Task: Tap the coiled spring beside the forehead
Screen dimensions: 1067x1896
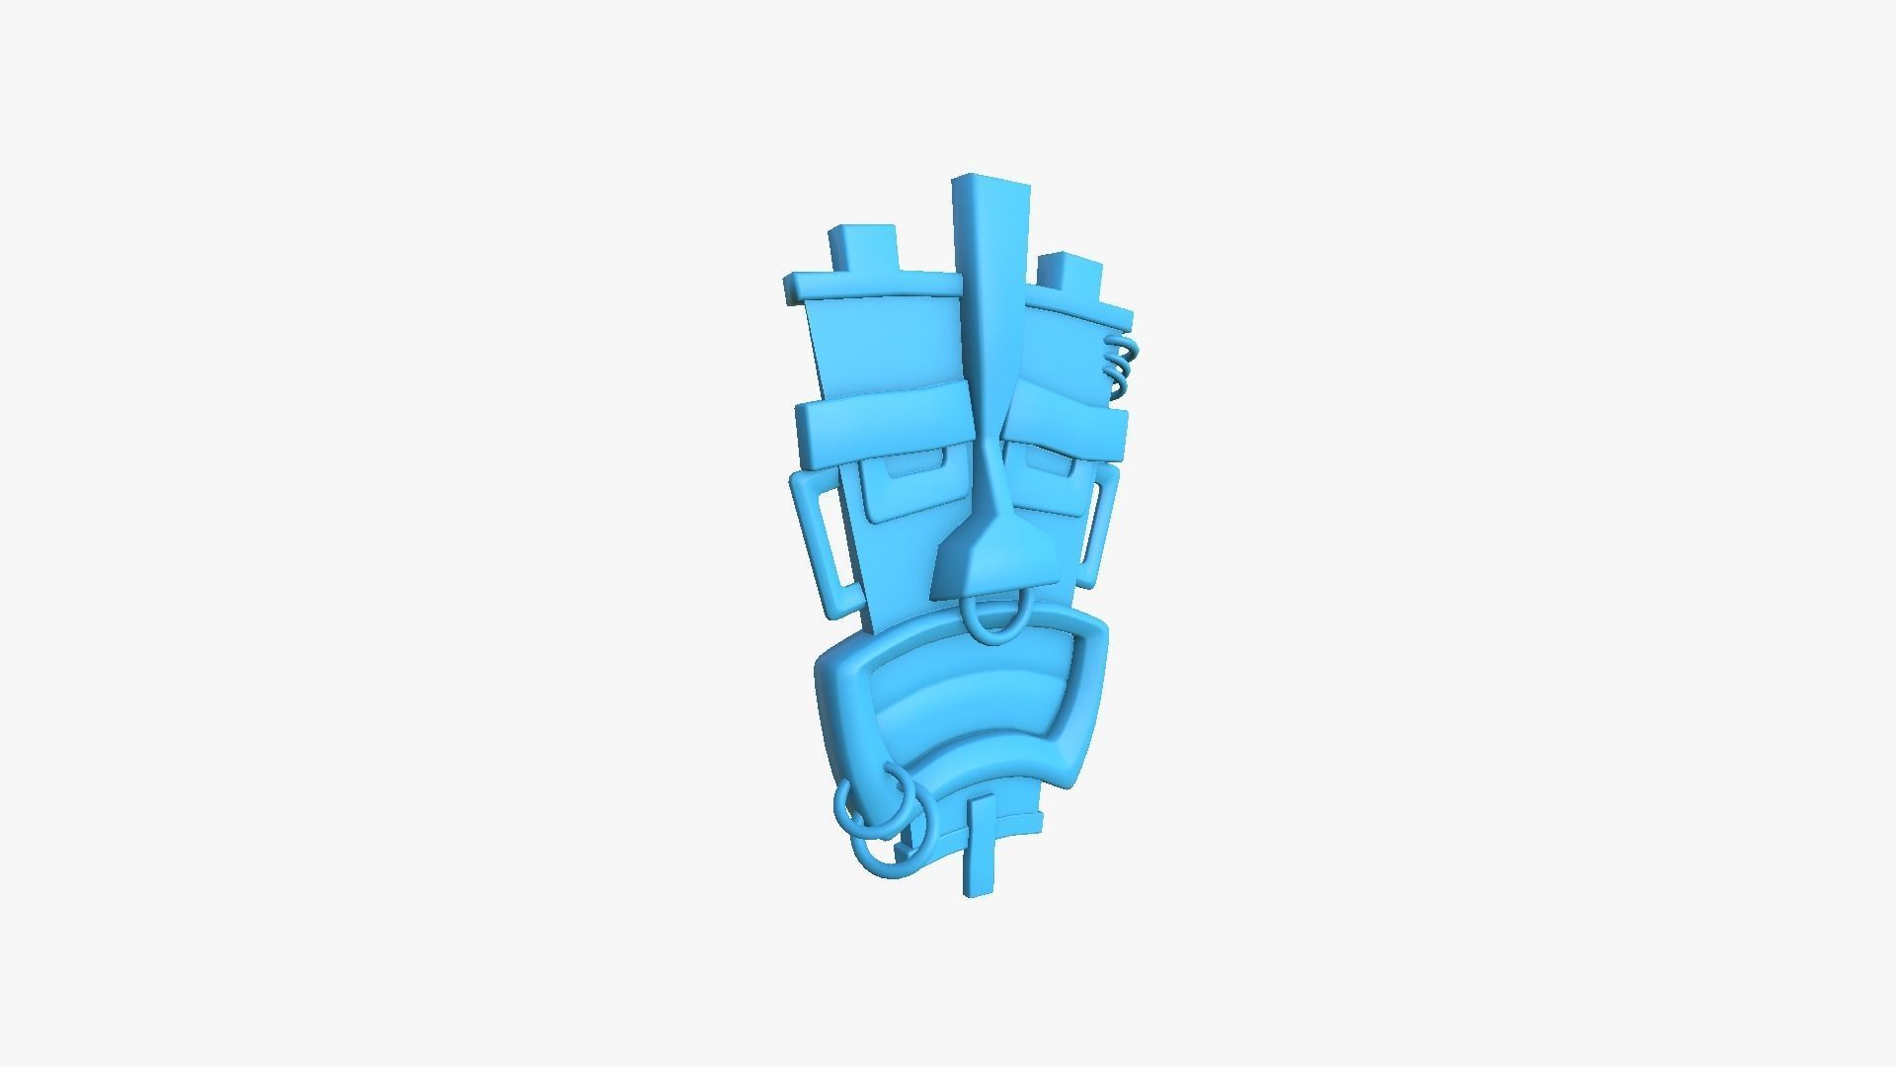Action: coord(1121,367)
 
